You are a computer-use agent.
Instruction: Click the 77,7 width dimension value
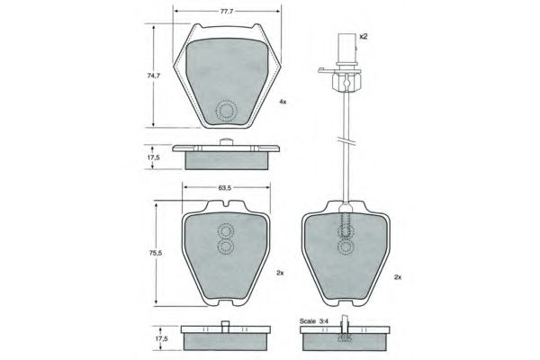pos(227,11)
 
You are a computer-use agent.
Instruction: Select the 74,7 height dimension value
pos(154,76)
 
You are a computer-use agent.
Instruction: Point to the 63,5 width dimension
pos(224,188)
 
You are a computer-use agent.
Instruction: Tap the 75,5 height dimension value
pos(156,253)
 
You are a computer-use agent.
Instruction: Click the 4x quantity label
pos(283,102)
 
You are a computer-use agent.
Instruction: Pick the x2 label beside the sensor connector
pos(364,36)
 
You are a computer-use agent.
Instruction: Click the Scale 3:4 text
pos(314,321)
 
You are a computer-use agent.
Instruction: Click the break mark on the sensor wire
pos(346,141)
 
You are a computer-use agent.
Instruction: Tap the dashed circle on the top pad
pos(226,111)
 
